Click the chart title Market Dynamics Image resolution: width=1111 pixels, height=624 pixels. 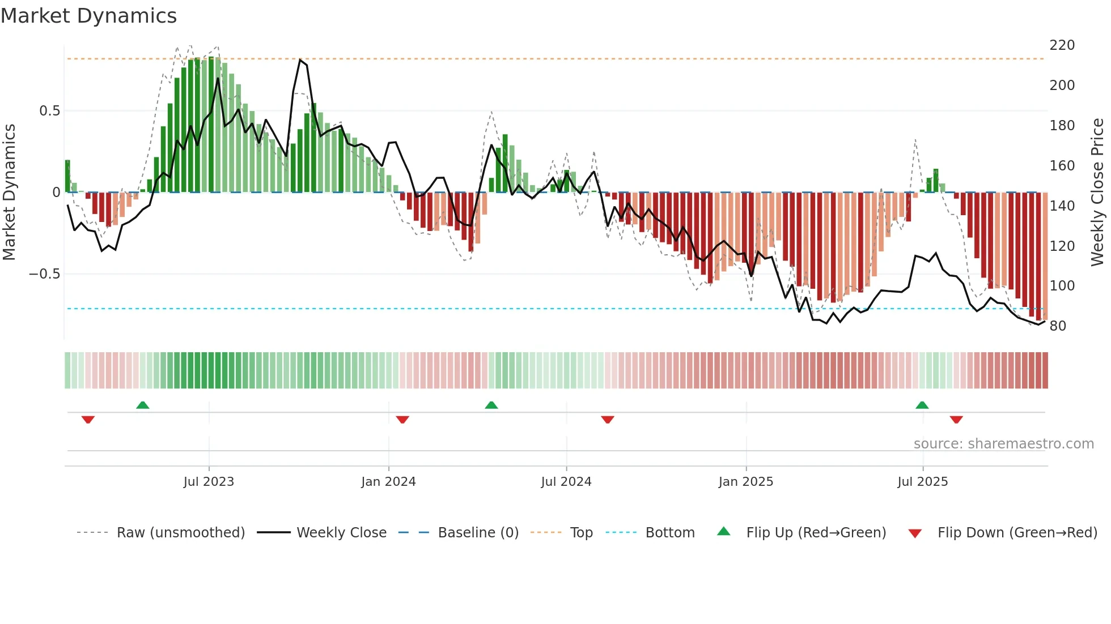point(89,16)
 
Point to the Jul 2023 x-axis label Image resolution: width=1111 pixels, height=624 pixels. point(209,482)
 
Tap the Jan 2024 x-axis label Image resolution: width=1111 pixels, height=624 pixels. point(388,482)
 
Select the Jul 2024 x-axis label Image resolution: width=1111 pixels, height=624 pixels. point(566,482)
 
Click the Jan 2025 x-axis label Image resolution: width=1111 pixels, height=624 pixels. point(745,482)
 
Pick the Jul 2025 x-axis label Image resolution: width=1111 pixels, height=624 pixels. point(922,482)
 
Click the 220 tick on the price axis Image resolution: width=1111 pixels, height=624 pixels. point(1062,45)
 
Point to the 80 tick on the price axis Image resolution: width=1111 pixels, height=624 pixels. point(1058,326)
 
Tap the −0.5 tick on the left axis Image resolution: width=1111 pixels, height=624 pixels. point(45,274)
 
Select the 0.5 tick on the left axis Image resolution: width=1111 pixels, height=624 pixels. point(49,111)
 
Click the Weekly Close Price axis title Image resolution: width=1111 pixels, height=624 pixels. point(1097,192)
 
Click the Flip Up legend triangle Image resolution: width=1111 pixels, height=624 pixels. point(724,531)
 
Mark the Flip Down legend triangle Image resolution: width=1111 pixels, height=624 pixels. point(915,533)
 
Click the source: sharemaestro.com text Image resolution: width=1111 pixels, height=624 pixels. point(1003,444)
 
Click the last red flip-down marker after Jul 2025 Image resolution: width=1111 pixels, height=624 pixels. point(956,420)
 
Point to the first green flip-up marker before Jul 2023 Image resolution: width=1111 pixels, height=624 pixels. point(143,405)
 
